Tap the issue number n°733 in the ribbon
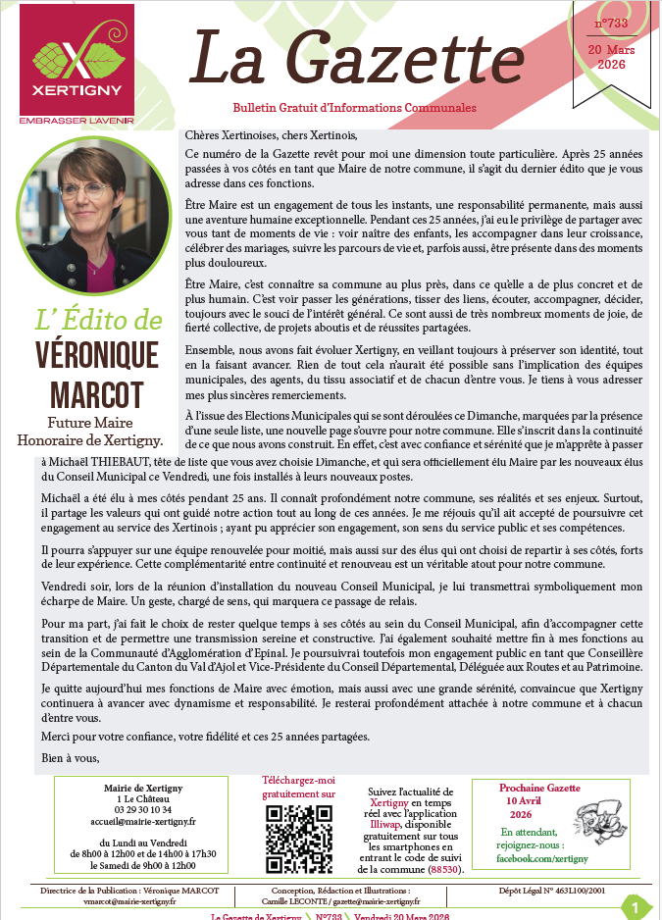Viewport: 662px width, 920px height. point(611,24)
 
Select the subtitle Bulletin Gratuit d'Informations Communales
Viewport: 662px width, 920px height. point(354,107)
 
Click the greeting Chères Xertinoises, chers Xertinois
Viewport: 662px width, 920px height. point(266,135)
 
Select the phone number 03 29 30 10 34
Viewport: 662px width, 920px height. point(137,810)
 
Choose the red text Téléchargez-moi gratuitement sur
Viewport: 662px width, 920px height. point(298,787)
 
